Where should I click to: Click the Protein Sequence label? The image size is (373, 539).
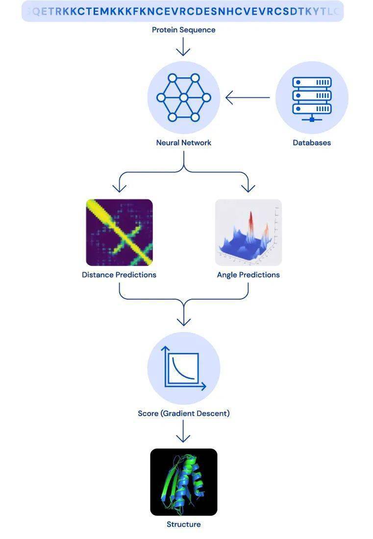[x=183, y=30]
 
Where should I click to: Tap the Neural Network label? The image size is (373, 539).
[x=183, y=142]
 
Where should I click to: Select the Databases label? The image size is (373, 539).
[x=312, y=142]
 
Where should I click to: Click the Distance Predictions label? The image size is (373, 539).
[x=119, y=275]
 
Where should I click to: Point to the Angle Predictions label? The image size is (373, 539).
[x=248, y=275]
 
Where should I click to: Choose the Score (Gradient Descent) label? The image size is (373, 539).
[x=183, y=413]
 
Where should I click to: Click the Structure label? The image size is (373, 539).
[x=183, y=524]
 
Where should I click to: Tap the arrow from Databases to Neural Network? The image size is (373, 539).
[x=248, y=98]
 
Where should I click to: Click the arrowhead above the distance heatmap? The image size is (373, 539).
[x=119, y=188]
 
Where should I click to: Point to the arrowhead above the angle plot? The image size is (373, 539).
[x=248, y=188]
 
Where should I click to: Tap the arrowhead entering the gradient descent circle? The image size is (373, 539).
[x=183, y=321]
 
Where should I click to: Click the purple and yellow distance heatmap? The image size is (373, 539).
[x=119, y=232]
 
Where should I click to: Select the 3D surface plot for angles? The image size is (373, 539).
[x=248, y=232]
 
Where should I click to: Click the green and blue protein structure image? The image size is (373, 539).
[x=183, y=482]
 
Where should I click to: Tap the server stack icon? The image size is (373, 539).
[x=312, y=98]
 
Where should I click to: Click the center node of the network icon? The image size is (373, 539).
[x=183, y=98]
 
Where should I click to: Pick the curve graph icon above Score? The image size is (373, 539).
[x=183, y=368]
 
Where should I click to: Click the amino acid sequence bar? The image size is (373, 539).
[x=182, y=11]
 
